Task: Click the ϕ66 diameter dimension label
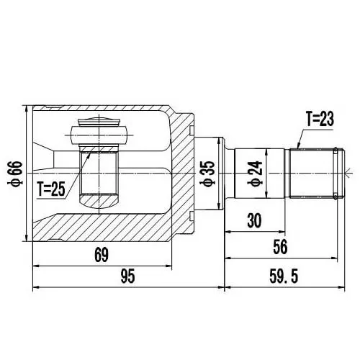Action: (16, 174)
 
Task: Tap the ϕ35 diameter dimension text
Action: (208, 174)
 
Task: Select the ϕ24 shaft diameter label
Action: (256, 174)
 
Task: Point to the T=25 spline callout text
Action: (51, 189)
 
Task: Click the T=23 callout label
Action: (320, 120)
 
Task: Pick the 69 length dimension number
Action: (102, 255)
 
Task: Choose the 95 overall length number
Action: (127, 276)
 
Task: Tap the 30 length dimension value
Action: (254, 221)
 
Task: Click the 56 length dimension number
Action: (280, 247)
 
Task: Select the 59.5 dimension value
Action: (284, 276)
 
